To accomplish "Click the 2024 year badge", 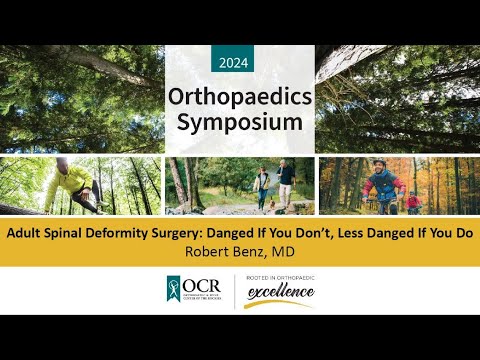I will click(240, 62).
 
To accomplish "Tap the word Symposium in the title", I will click(240, 124).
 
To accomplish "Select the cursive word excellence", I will click(279, 293).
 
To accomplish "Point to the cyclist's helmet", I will click(379, 164).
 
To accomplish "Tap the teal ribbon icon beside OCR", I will click(174, 291).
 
